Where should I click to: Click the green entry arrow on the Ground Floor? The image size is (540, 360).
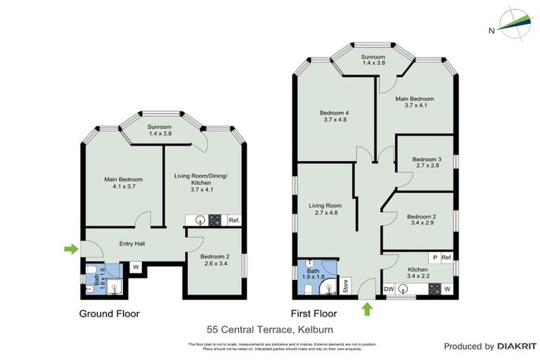[70, 248]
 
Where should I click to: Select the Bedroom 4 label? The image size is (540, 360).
[334, 116]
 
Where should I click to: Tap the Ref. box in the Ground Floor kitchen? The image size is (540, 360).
[235, 220]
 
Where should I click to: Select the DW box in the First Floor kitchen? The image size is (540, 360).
[389, 289]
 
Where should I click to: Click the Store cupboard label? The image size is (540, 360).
[346, 285]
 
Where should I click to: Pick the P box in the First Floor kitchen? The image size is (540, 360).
[435, 258]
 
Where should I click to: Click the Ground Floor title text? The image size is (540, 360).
[109, 314]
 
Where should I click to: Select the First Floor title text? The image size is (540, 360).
[314, 314]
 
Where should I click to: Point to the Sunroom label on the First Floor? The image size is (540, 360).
[373, 60]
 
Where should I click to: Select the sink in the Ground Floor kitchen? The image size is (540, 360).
[200, 219]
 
